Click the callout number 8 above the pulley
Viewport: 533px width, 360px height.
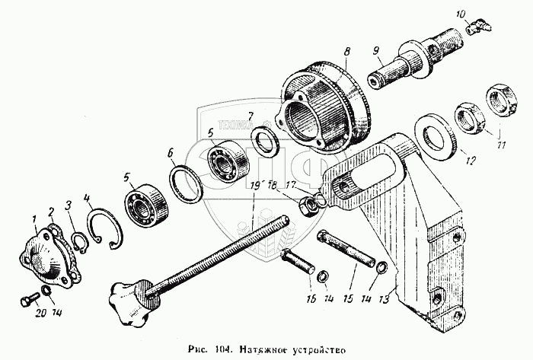[x=346, y=52]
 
